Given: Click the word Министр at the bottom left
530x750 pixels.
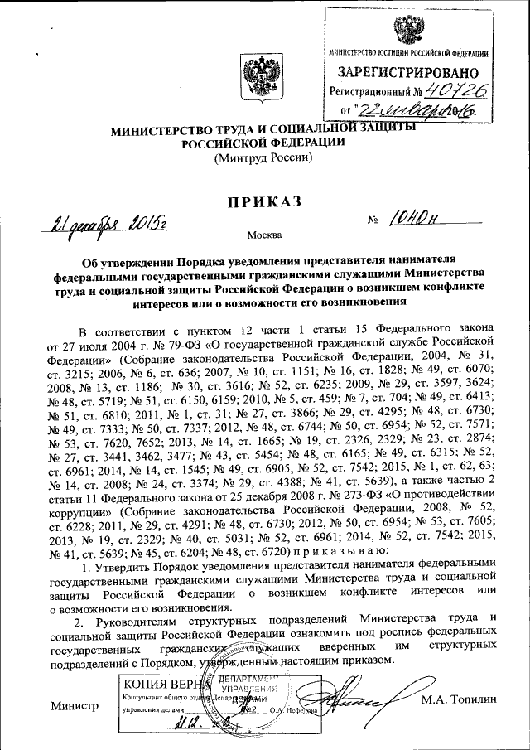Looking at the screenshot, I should coord(74,706).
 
